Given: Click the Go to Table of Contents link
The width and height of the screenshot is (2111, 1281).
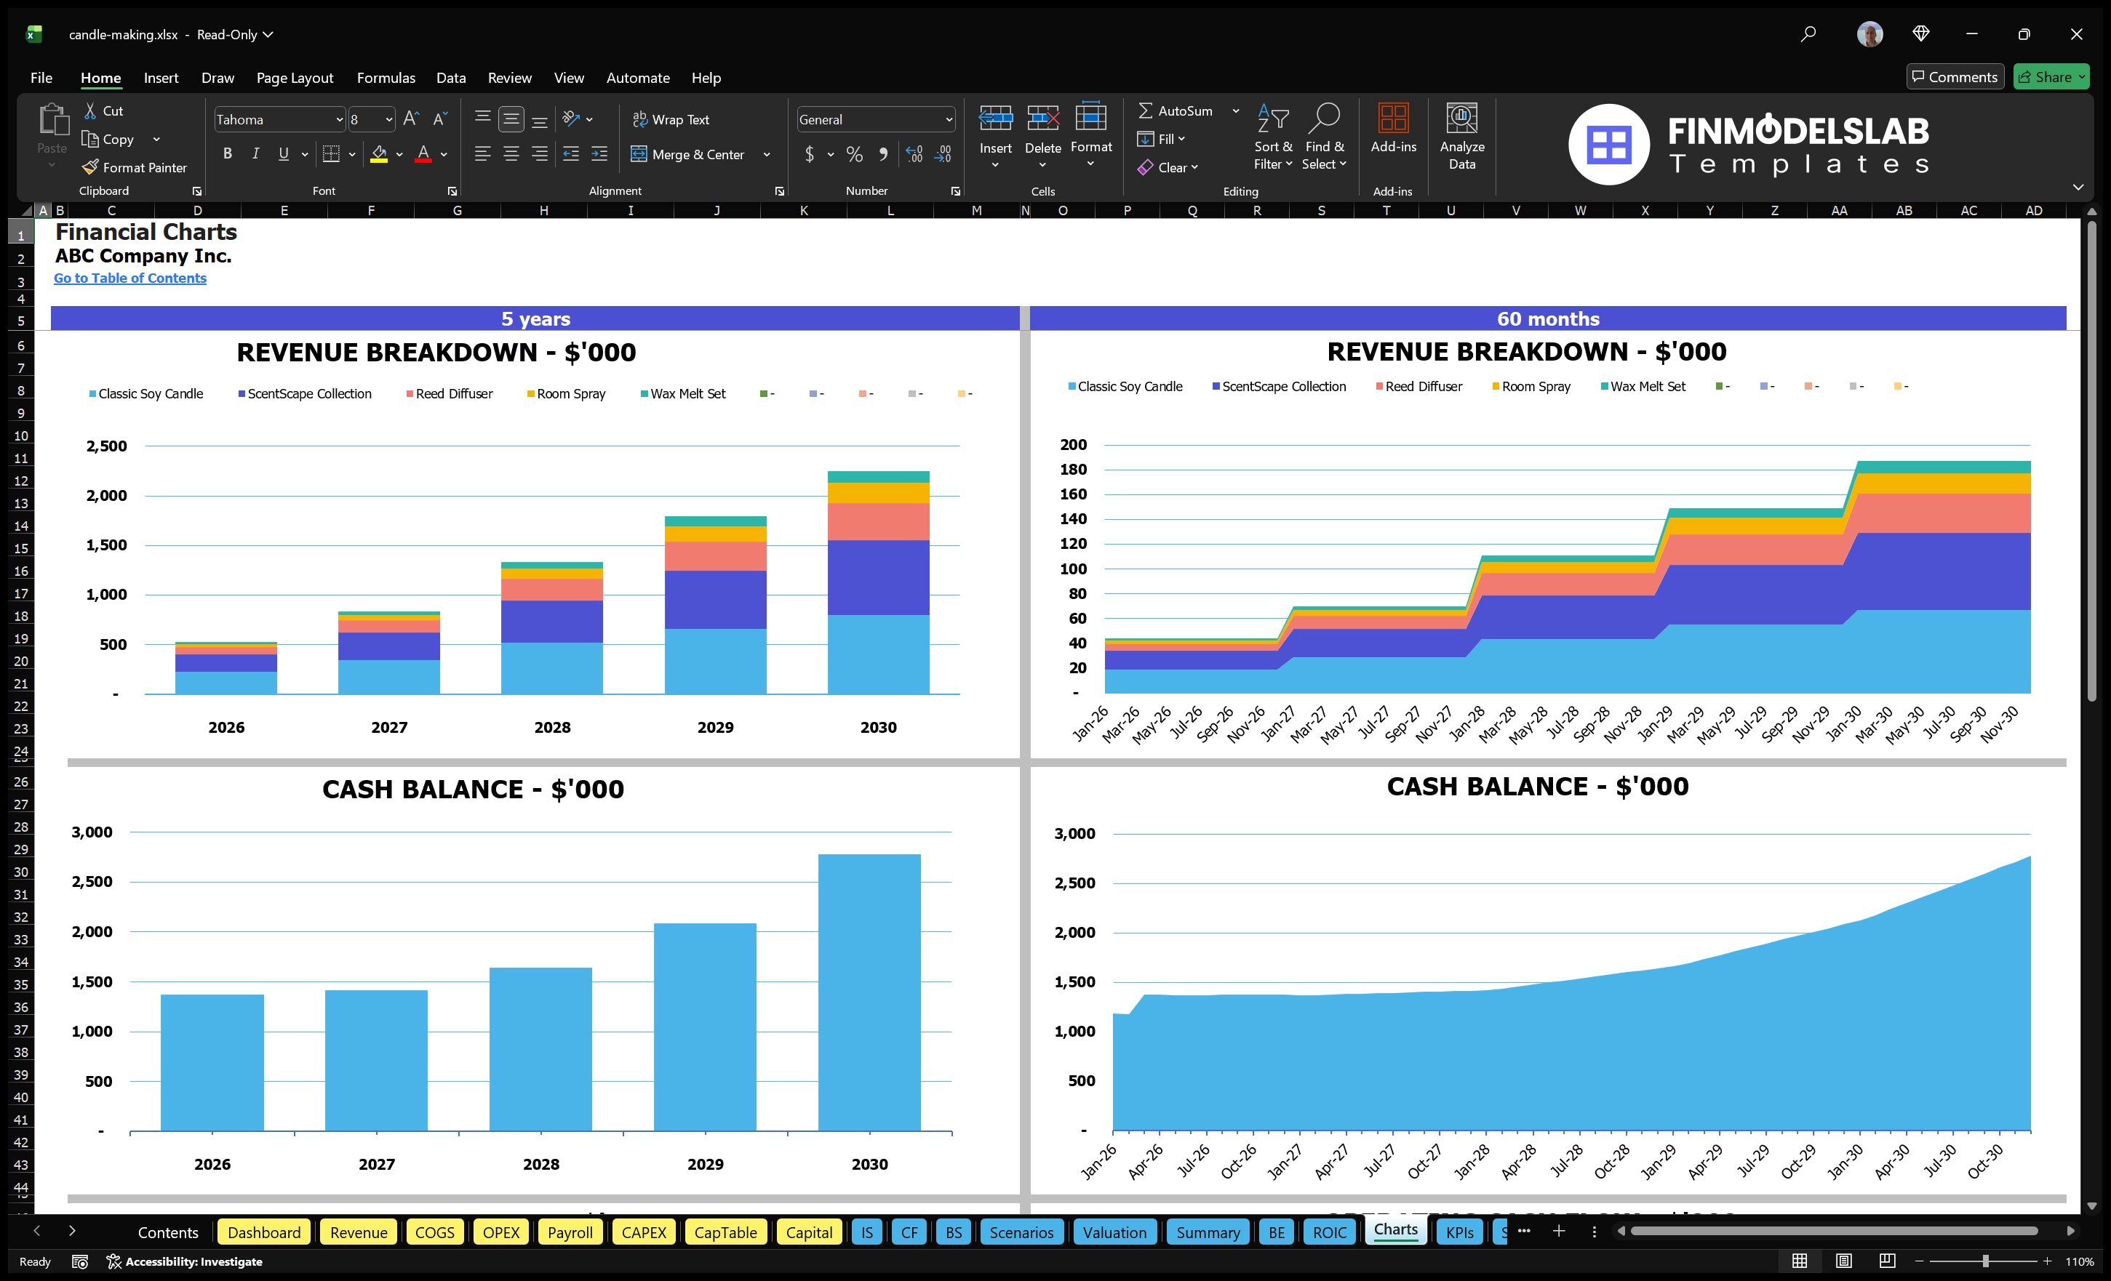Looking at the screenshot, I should (130, 278).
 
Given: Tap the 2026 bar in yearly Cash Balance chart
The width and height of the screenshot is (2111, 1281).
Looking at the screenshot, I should (212, 1061).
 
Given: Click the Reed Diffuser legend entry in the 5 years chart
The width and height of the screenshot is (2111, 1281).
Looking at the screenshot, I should (453, 394).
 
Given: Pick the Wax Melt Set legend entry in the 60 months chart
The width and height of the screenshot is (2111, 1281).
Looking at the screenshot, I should (1647, 387).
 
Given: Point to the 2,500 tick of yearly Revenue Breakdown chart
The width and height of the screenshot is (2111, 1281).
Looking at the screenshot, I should (106, 446).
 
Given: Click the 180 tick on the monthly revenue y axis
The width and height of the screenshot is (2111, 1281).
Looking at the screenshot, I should (1073, 469).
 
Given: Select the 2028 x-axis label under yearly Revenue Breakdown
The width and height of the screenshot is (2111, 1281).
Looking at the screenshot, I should (551, 727).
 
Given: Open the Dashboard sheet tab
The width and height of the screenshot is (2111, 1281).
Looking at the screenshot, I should (264, 1232).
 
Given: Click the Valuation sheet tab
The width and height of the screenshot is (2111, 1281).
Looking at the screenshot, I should (1114, 1232).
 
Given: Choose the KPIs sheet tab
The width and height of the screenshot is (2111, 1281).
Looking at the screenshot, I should (1459, 1232).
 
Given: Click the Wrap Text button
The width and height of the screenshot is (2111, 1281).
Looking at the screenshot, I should (671, 120).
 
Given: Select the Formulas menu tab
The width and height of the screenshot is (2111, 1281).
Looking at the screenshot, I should (386, 78).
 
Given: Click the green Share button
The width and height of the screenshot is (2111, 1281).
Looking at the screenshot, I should (2050, 77).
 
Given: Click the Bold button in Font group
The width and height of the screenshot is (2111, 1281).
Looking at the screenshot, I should (227, 154).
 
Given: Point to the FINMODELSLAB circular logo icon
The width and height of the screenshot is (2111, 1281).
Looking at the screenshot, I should (1608, 144).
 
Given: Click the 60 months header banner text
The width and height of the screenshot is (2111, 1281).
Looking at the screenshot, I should (1547, 318).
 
